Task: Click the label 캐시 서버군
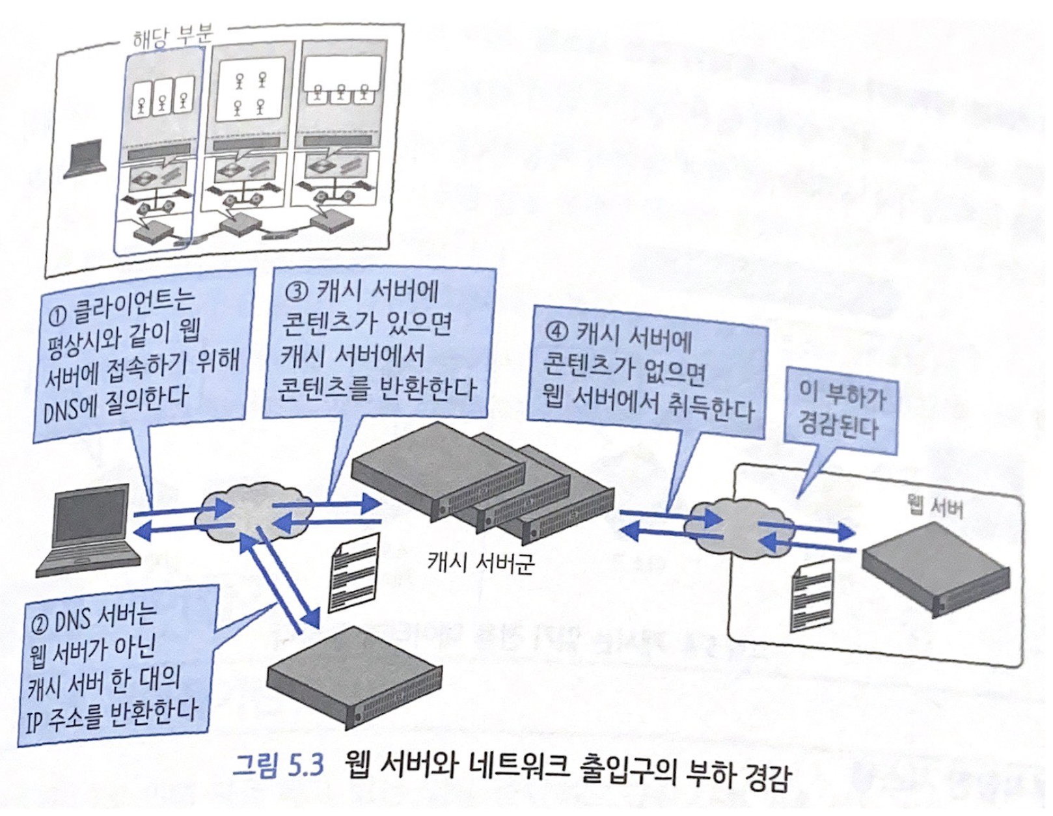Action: (480, 562)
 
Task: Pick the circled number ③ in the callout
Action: (296, 291)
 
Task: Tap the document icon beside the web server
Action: (811, 595)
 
